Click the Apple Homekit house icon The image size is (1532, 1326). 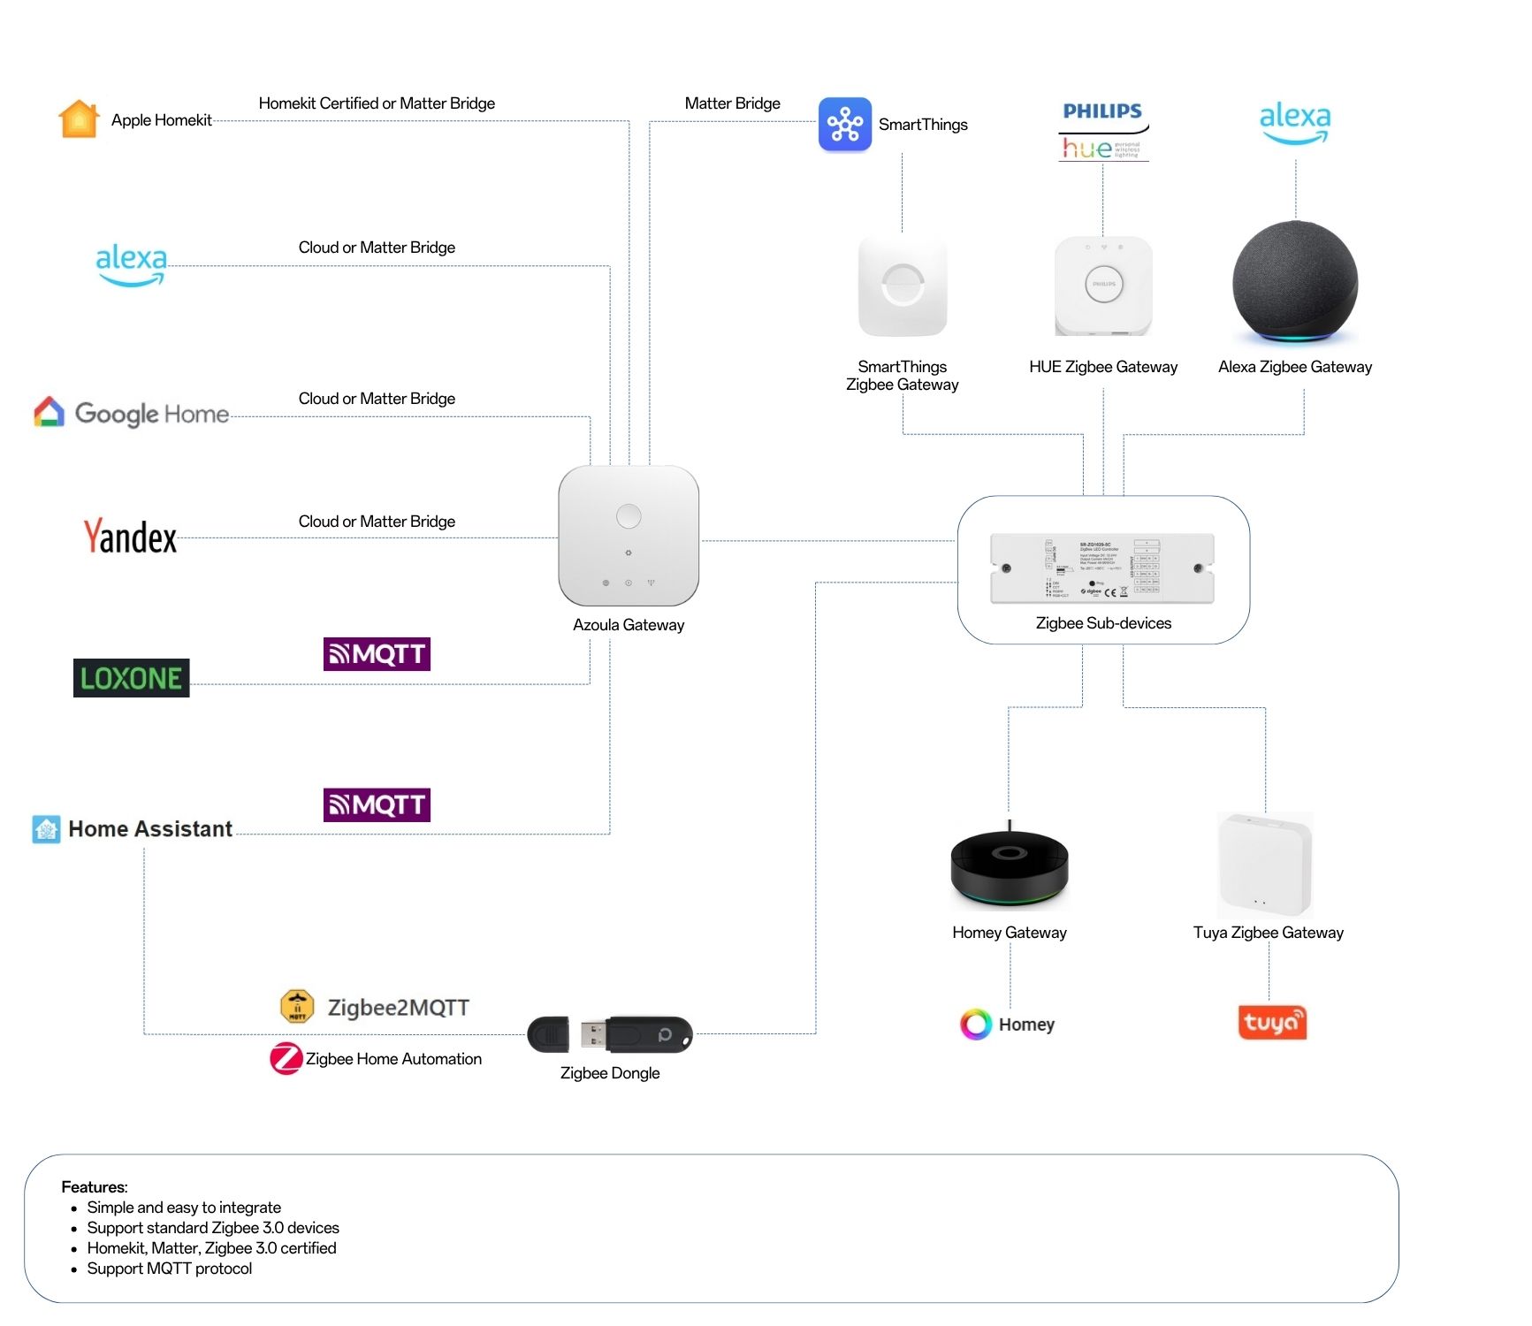79,118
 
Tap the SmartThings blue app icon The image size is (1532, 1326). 844,124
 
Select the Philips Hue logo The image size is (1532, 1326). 1103,131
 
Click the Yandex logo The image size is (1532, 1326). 130,537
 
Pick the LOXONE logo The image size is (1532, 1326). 131,678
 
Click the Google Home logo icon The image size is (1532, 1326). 50,412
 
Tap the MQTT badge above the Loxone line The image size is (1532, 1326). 377,654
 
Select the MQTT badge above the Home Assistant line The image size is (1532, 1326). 377,804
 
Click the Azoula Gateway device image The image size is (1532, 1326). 629,536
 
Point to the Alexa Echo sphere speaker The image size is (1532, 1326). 1295,281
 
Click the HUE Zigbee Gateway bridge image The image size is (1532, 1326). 1103,285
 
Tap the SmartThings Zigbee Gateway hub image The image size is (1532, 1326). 903,286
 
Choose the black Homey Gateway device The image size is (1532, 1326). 1010,867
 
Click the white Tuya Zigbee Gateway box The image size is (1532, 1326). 1265,865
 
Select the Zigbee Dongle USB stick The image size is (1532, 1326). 610,1034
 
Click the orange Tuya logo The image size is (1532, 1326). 1272,1023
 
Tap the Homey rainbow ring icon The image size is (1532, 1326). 976,1024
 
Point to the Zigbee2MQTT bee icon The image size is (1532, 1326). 297,1006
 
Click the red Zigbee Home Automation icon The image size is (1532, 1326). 286,1058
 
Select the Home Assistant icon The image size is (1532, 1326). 46,829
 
